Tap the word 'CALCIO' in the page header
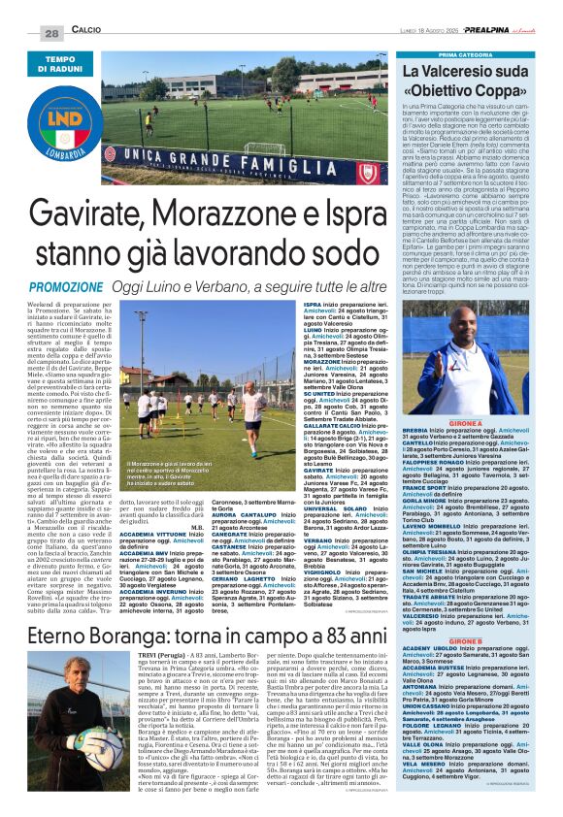pyautogui.click(x=88, y=32)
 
